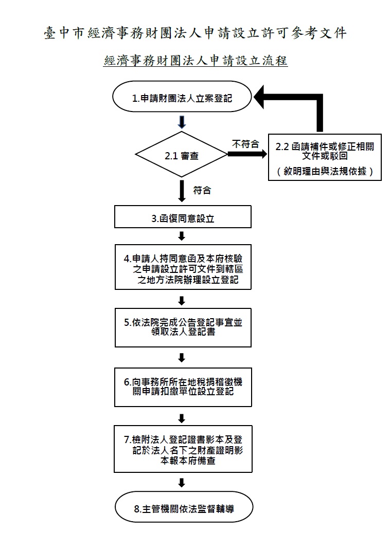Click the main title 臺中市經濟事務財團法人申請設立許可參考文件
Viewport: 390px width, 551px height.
[x=195, y=33]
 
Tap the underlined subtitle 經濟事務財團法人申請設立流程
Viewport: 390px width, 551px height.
[x=196, y=61]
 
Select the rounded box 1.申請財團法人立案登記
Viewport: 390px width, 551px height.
[x=182, y=97]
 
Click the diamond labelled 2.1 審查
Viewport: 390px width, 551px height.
[x=182, y=155]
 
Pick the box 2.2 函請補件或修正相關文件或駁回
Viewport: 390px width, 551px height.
[x=325, y=157]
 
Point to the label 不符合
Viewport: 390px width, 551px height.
[x=245, y=144]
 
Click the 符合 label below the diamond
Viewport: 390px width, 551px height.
[x=202, y=191]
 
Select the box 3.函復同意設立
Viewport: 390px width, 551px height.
[x=183, y=217]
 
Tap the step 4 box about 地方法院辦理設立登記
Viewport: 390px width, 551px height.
[x=183, y=267]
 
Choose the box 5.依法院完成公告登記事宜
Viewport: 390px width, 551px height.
[x=183, y=327]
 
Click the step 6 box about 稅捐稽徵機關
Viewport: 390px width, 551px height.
[x=183, y=387]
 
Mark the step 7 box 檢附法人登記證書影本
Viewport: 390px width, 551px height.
[x=183, y=449]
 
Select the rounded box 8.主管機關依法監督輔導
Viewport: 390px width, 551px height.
[x=184, y=507]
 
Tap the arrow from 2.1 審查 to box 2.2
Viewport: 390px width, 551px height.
[x=247, y=154]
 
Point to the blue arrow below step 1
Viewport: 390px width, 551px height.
[x=182, y=122]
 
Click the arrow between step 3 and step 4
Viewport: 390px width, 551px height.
[x=182, y=236]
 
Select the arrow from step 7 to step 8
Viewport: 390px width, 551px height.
[x=182, y=483]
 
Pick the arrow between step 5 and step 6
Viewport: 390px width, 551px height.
[x=182, y=358]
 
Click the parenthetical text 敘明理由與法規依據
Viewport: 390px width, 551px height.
[x=325, y=171]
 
